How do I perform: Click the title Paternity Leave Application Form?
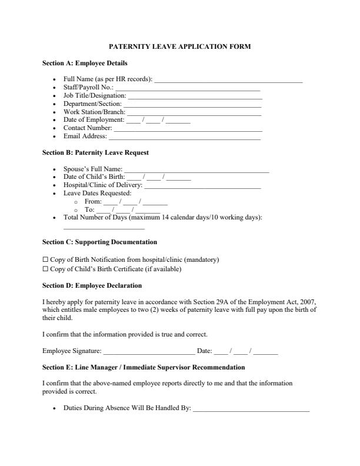coord(180,46)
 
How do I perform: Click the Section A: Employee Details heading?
coord(85,63)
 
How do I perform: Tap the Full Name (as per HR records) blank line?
coord(228,80)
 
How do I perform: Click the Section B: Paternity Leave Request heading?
coord(95,152)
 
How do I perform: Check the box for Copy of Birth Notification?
coord(45,260)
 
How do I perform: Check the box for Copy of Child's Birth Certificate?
coord(45,269)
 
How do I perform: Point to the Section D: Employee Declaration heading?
coord(92,286)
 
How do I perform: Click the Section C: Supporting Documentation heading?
coord(99,242)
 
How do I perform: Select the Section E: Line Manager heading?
coord(144,368)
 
